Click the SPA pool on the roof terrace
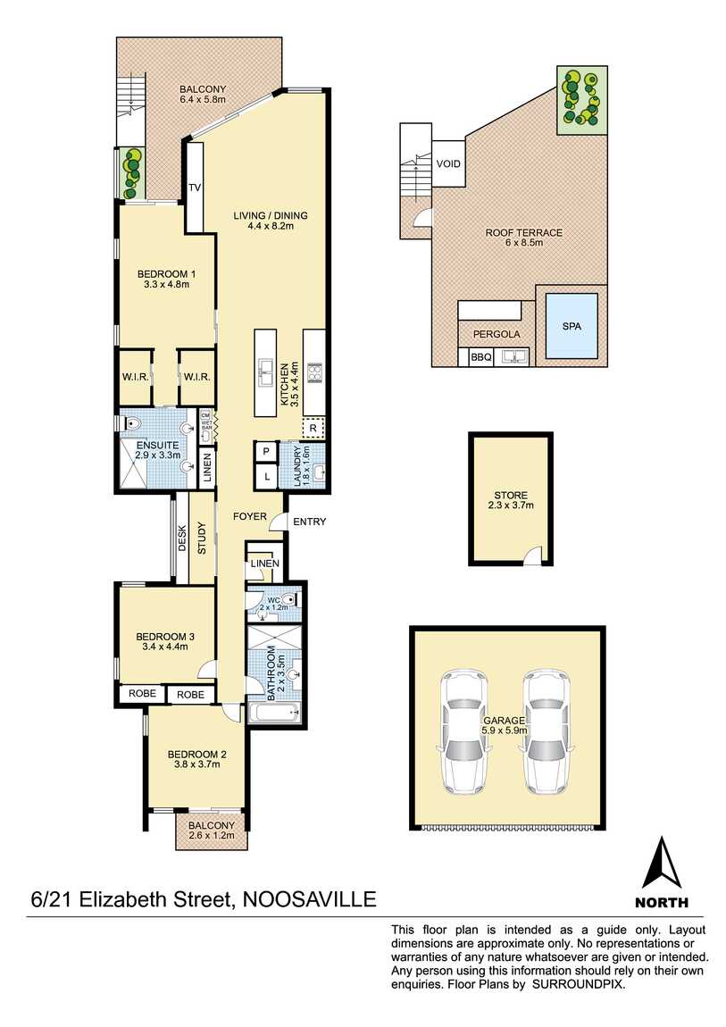click(x=572, y=326)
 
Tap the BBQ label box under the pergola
click(x=481, y=357)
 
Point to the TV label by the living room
click(x=195, y=188)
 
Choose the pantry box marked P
click(x=266, y=453)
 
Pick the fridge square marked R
click(x=313, y=428)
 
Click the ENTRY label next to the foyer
click(x=309, y=522)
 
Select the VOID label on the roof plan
click(x=448, y=164)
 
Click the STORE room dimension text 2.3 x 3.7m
click(x=511, y=505)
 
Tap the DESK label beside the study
click(x=181, y=538)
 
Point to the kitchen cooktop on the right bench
click(x=314, y=371)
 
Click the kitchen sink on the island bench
click(x=266, y=371)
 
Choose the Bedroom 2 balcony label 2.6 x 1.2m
click(x=212, y=836)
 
